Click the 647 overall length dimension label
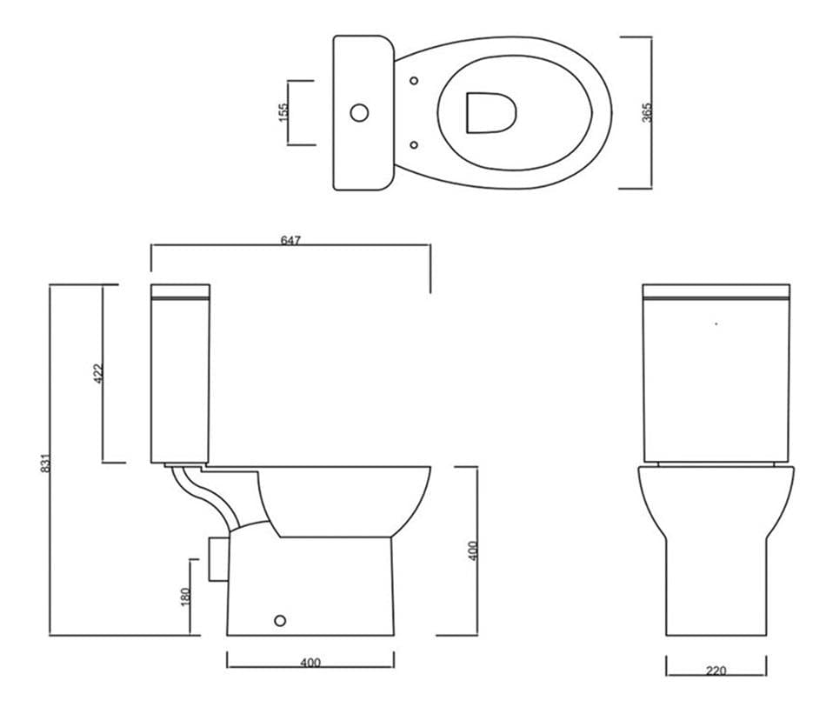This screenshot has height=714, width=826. pyautogui.click(x=290, y=241)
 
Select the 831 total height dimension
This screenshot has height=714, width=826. pyautogui.click(x=45, y=464)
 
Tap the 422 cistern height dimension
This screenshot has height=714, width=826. pyautogui.click(x=97, y=373)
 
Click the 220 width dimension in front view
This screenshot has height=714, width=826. pyautogui.click(x=716, y=671)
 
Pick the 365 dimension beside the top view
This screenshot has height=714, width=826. pyautogui.click(x=646, y=111)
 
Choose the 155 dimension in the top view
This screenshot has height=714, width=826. pyautogui.click(x=283, y=111)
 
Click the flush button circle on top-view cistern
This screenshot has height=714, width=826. pyautogui.click(x=359, y=112)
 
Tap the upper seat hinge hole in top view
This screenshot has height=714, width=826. pyautogui.click(x=414, y=82)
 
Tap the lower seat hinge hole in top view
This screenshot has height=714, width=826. pyautogui.click(x=414, y=143)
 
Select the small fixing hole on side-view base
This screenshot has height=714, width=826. pyautogui.click(x=279, y=620)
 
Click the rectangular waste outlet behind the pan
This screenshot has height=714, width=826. pyautogui.click(x=217, y=557)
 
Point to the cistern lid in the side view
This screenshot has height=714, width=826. pyautogui.click(x=180, y=291)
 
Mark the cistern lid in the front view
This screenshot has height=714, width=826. pyautogui.click(x=716, y=291)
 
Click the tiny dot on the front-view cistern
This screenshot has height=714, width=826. pyautogui.click(x=716, y=324)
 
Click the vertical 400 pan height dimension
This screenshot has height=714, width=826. pyautogui.click(x=473, y=551)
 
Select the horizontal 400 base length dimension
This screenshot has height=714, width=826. pyautogui.click(x=310, y=663)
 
